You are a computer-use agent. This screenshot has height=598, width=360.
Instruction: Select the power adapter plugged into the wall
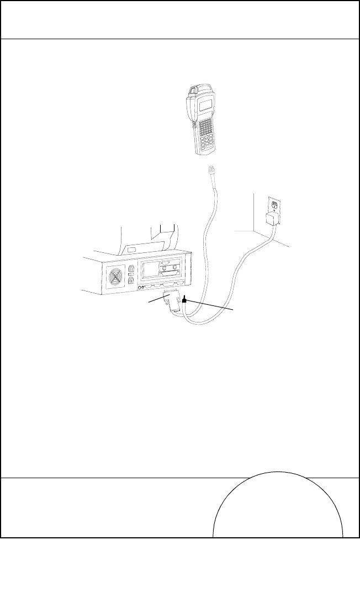click(x=271, y=220)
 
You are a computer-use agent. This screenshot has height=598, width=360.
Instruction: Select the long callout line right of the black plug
click(x=213, y=307)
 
